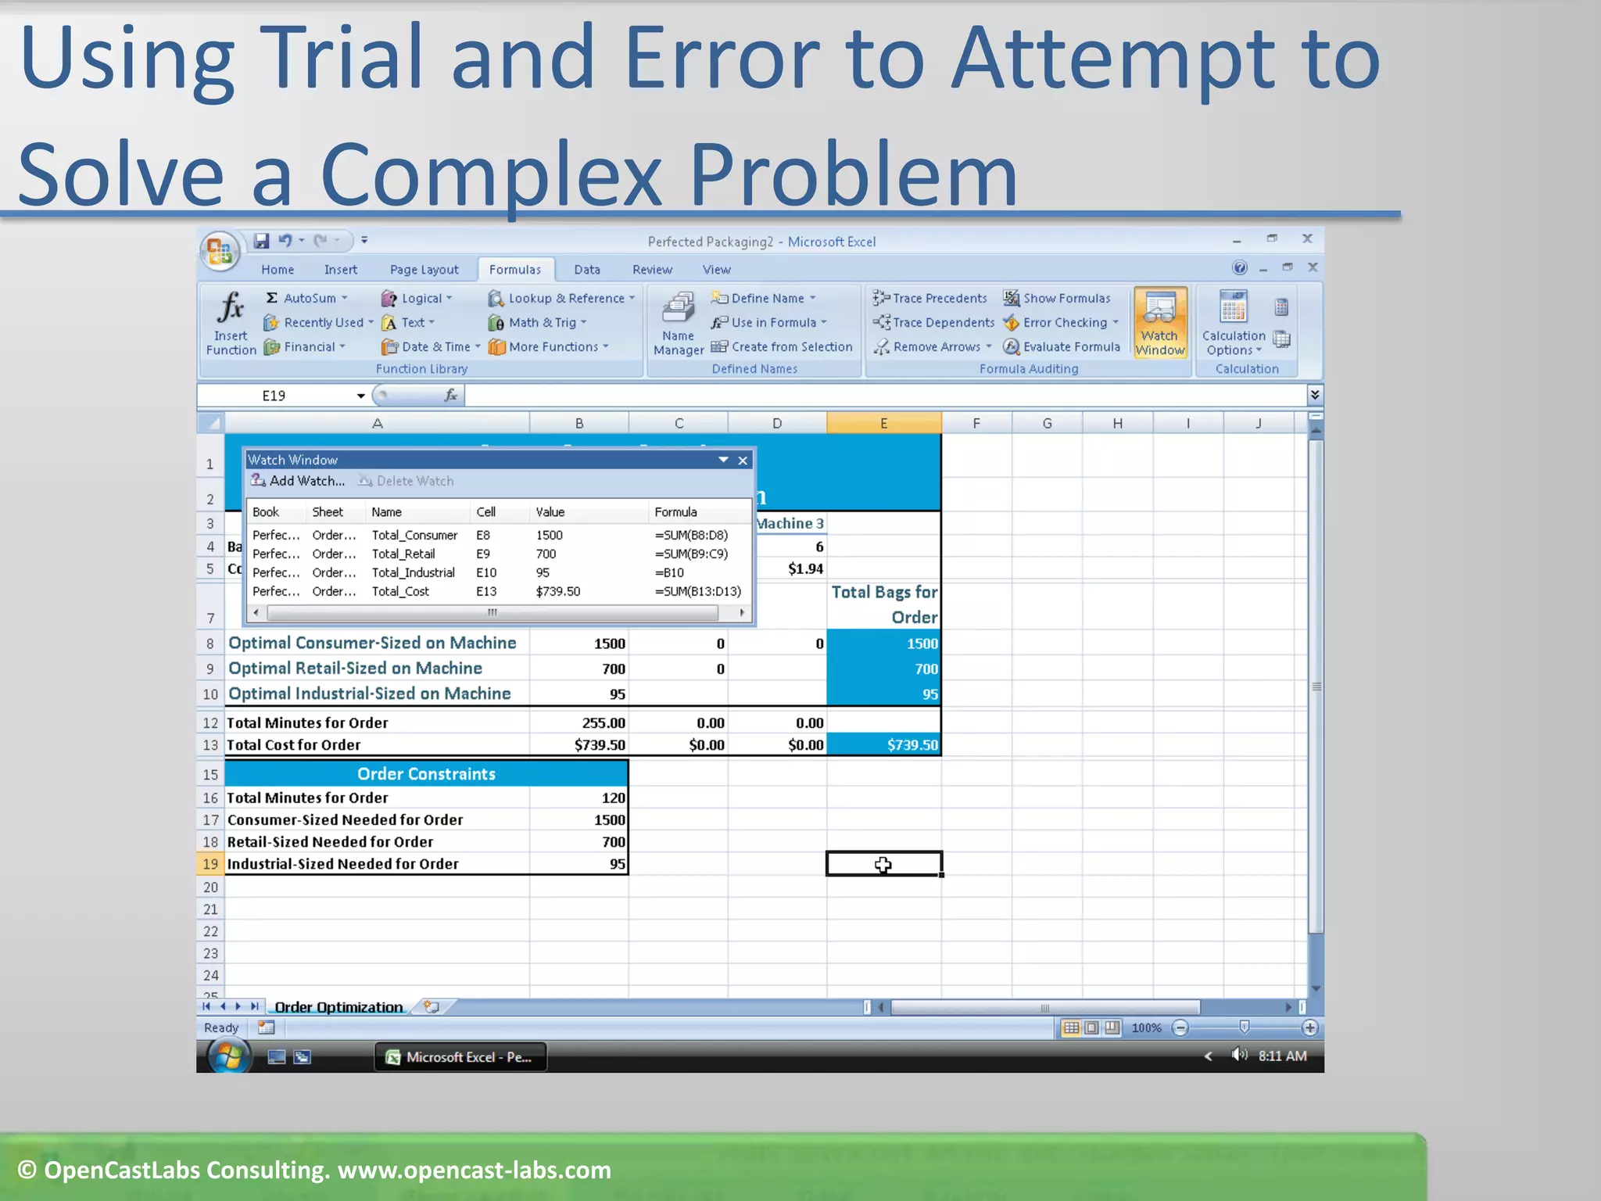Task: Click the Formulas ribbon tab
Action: (x=514, y=270)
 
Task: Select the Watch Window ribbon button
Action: (x=1160, y=322)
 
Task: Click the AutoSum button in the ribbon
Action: (x=307, y=298)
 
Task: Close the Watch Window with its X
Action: (x=743, y=461)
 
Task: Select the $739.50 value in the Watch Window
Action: (x=558, y=591)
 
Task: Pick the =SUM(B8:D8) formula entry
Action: (x=691, y=535)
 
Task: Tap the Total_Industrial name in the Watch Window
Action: (x=413, y=572)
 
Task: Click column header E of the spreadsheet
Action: (x=883, y=423)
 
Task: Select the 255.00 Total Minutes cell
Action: (x=603, y=723)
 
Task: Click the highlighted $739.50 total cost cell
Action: (x=884, y=745)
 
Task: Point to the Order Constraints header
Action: (x=426, y=773)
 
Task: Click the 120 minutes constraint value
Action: (x=613, y=798)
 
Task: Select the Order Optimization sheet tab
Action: (x=338, y=1007)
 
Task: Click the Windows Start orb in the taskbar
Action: (x=228, y=1057)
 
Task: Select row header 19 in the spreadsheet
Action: (x=210, y=864)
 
